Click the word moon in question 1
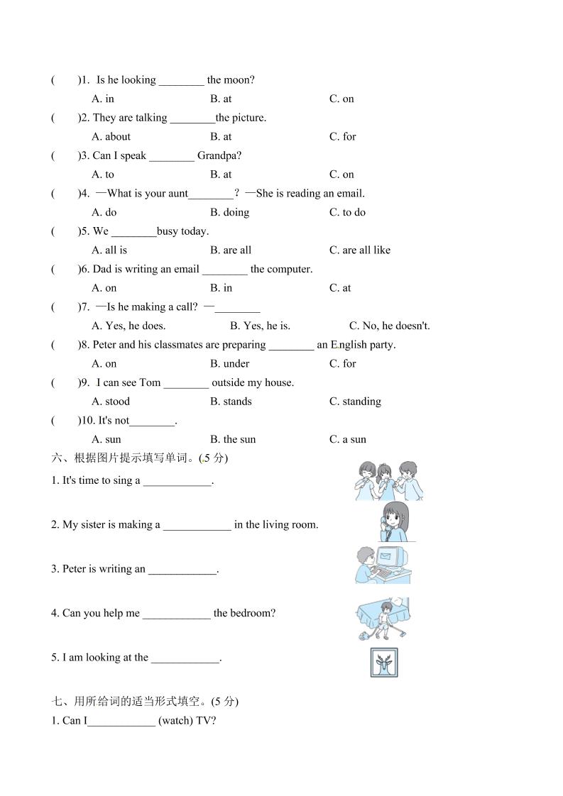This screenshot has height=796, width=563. (239, 80)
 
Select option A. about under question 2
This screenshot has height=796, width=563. (111, 137)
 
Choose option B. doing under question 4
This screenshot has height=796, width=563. (229, 212)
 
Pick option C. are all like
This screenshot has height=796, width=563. (359, 250)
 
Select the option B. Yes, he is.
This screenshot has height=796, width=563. (260, 326)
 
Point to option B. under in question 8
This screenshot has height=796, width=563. (229, 364)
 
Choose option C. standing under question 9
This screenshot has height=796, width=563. (355, 402)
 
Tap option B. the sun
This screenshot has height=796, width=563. (232, 439)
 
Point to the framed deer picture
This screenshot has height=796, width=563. (384, 663)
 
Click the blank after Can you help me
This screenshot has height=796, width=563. (176, 614)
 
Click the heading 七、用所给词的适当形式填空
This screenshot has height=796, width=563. (139, 702)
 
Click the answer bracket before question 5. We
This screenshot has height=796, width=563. (65, 231)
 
